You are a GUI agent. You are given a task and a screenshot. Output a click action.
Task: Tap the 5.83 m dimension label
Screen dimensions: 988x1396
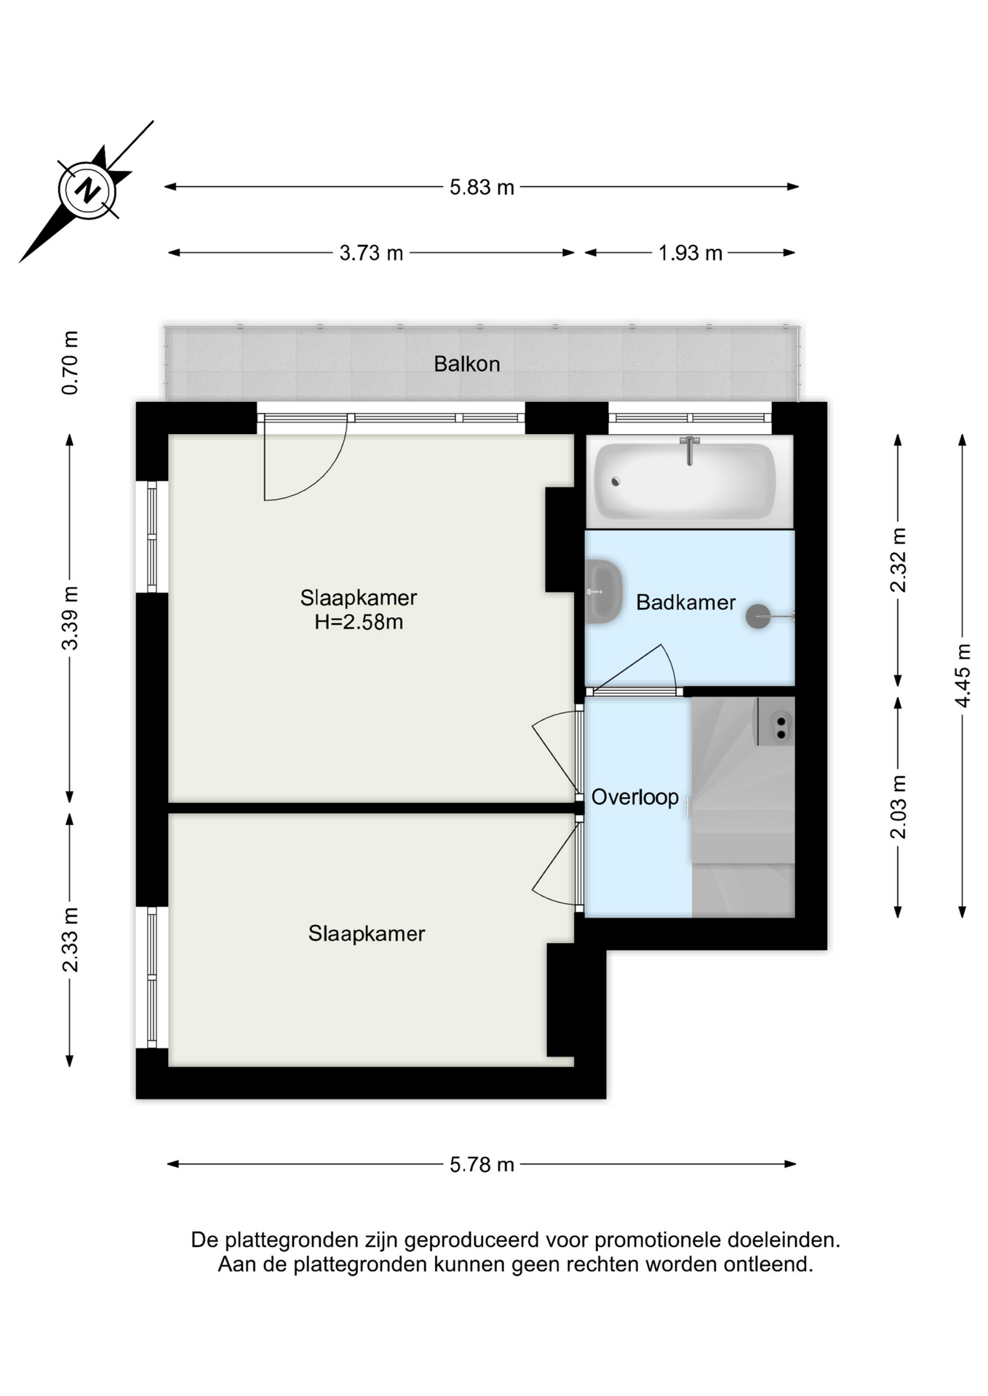point(482,188)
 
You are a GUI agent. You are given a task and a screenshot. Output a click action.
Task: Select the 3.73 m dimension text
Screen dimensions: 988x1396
point(371,253)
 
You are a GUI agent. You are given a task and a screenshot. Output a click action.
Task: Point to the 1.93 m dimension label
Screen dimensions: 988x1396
point(690,253)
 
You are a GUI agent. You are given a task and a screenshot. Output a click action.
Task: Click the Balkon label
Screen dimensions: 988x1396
point(467,364)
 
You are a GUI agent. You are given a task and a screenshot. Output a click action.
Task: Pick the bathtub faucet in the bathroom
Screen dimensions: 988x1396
point(690,451)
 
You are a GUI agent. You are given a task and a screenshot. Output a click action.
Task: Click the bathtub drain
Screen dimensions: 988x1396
point(615,481)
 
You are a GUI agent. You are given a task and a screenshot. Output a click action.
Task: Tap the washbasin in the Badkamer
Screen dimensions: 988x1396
point(604,592)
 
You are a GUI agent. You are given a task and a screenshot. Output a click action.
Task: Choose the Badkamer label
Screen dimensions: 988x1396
point(685,602)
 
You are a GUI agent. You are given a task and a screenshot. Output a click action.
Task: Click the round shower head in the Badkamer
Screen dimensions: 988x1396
point(758,617)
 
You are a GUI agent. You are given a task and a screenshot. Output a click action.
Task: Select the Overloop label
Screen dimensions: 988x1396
point(635,797)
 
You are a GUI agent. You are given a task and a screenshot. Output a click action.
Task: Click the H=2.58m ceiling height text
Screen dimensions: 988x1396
point(359,622)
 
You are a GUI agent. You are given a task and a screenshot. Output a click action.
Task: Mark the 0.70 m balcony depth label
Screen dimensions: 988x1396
point(70,363)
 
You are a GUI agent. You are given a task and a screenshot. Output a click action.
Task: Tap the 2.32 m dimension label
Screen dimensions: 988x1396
point(899,560)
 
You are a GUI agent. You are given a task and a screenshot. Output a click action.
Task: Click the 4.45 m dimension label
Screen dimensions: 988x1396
point(963,675)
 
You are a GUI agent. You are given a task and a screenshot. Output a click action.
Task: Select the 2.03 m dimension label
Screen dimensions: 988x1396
point(899,807)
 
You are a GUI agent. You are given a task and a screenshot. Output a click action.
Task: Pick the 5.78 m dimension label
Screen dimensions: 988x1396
point(482,1165)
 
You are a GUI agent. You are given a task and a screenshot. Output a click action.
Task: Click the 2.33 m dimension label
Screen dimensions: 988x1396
point(70,940)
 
